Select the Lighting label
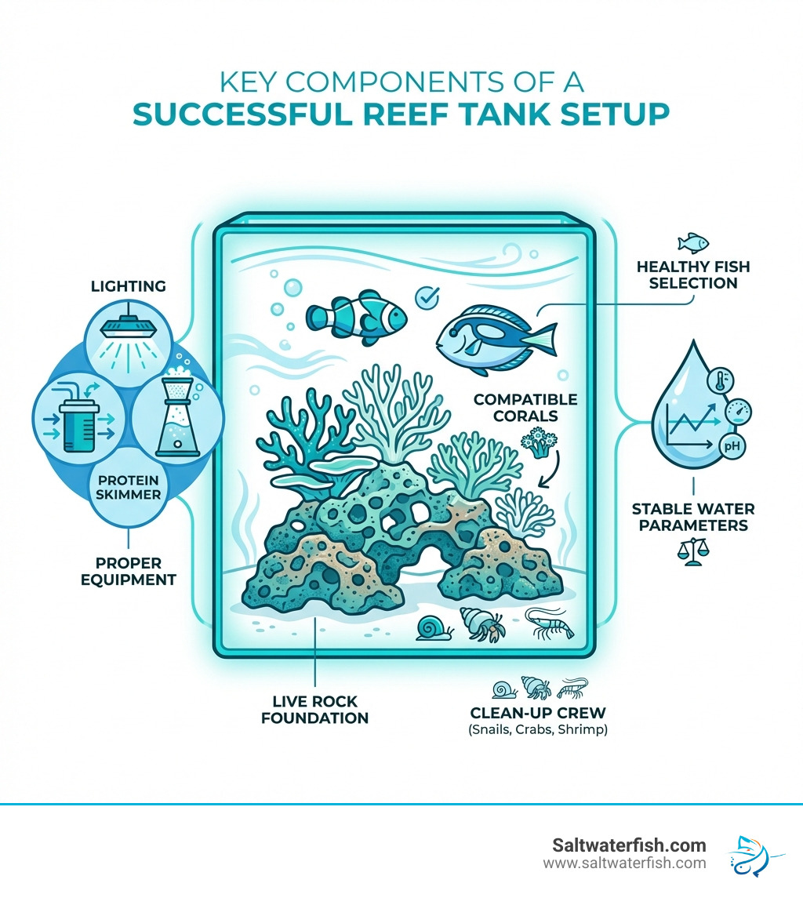(129, 286)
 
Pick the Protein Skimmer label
(129, 487)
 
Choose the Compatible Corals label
(525, 407)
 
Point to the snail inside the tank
(434, 627)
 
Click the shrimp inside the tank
(549, 623)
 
